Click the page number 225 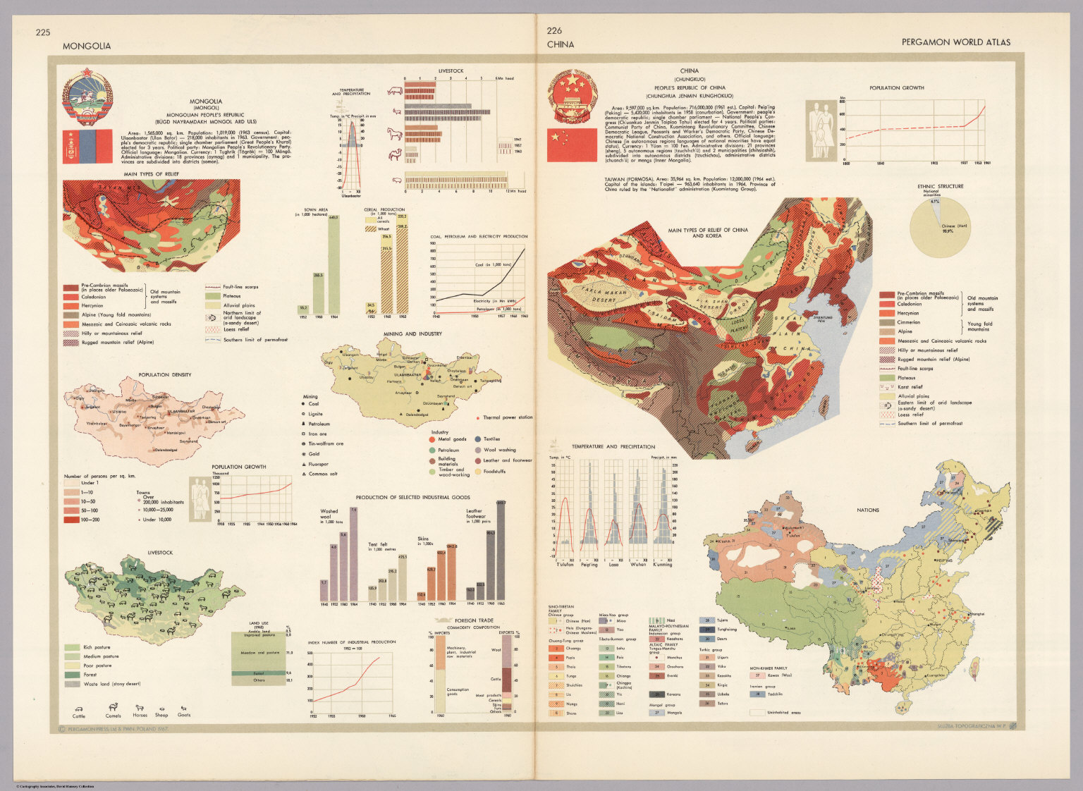(43, 32)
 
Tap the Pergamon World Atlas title (955, 42)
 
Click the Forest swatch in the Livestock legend (72, 675)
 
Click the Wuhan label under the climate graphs (638, 564)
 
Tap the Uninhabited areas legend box (757, 712)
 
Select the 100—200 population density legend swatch (72, 520)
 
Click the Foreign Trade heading (474, 620)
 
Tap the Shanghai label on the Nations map (977, 614)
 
